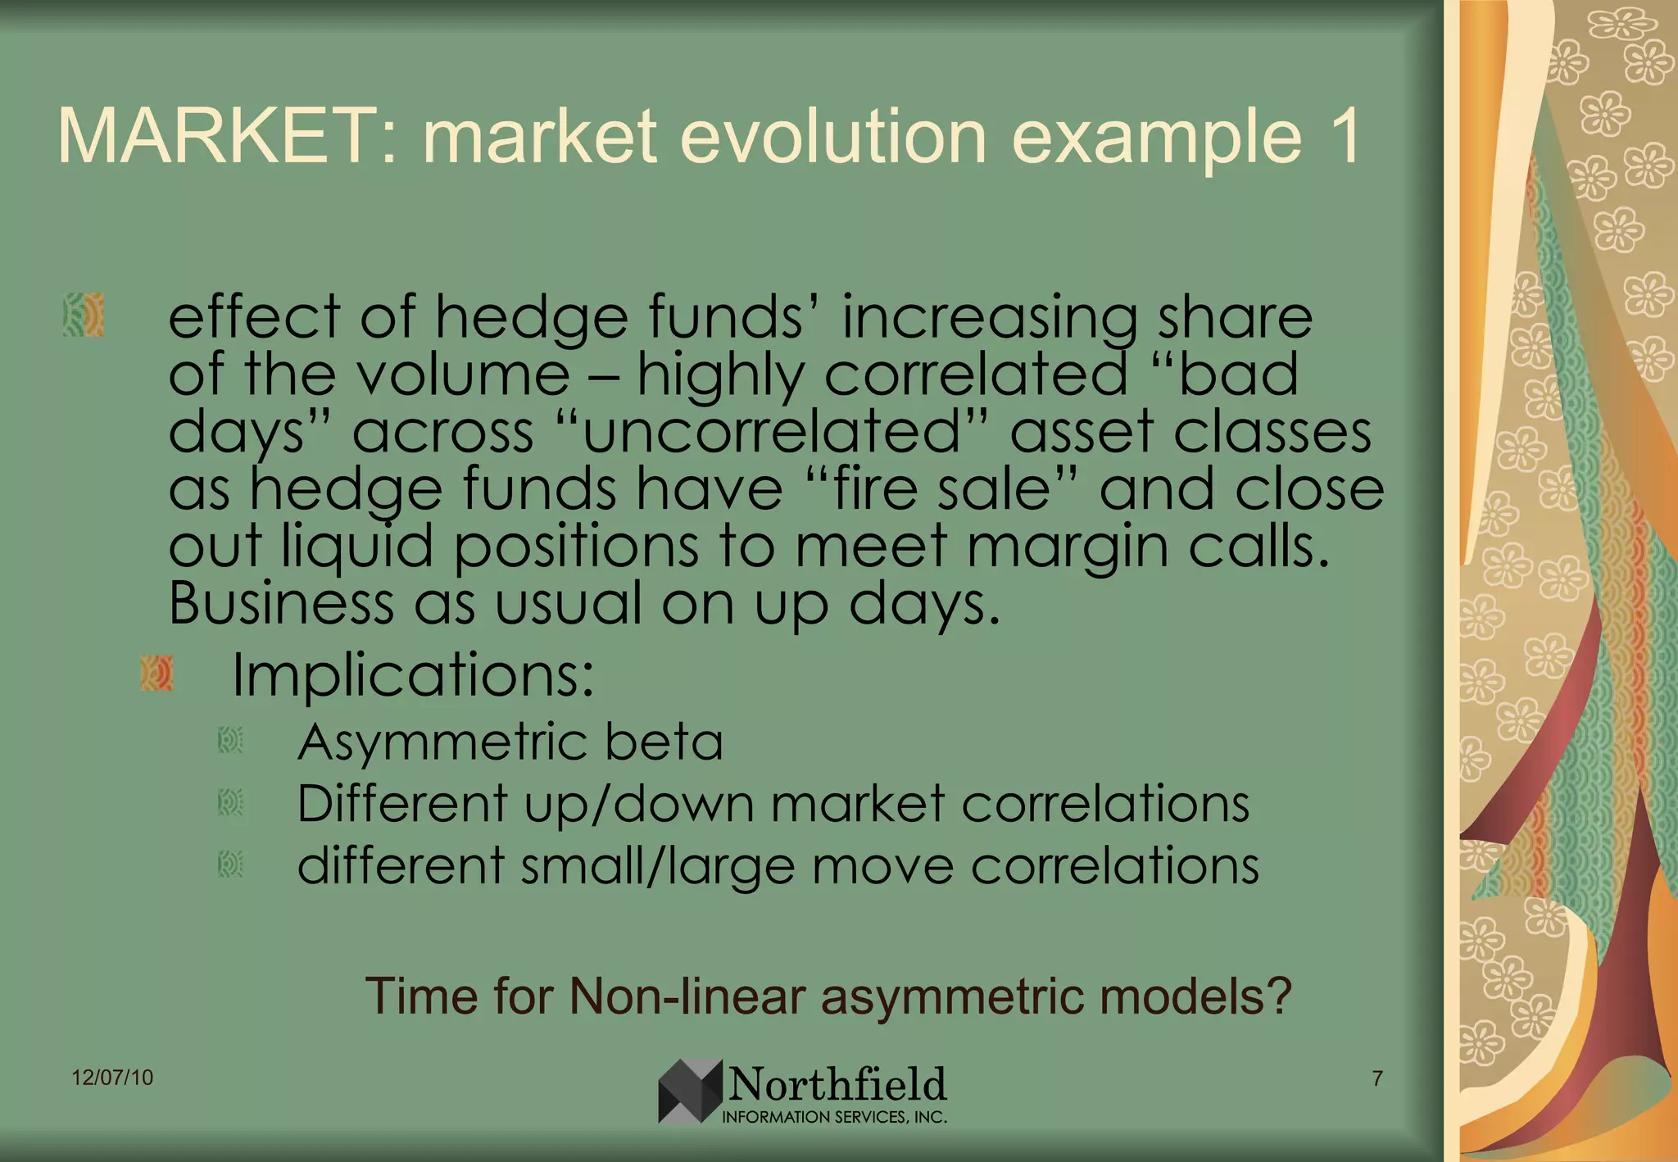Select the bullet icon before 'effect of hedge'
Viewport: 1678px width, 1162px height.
pos(84,315)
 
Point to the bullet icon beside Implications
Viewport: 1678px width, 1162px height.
pos(156,674)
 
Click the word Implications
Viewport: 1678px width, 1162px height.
pos(412,675)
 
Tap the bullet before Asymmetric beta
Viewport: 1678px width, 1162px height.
pos(230,741)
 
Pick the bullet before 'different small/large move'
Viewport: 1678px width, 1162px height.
pos(230,865)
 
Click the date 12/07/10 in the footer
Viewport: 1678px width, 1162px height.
pos(112,1078)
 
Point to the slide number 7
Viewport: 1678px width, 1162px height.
pos(1377,1078)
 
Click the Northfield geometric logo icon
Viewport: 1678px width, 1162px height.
pos(690,1091)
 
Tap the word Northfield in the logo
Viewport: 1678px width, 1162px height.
pos(837,1085)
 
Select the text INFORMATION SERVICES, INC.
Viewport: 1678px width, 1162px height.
pos(834,1117)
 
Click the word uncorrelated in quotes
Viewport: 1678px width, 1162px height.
pos(770,432)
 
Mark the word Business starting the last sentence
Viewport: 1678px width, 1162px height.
pos(281,604)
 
